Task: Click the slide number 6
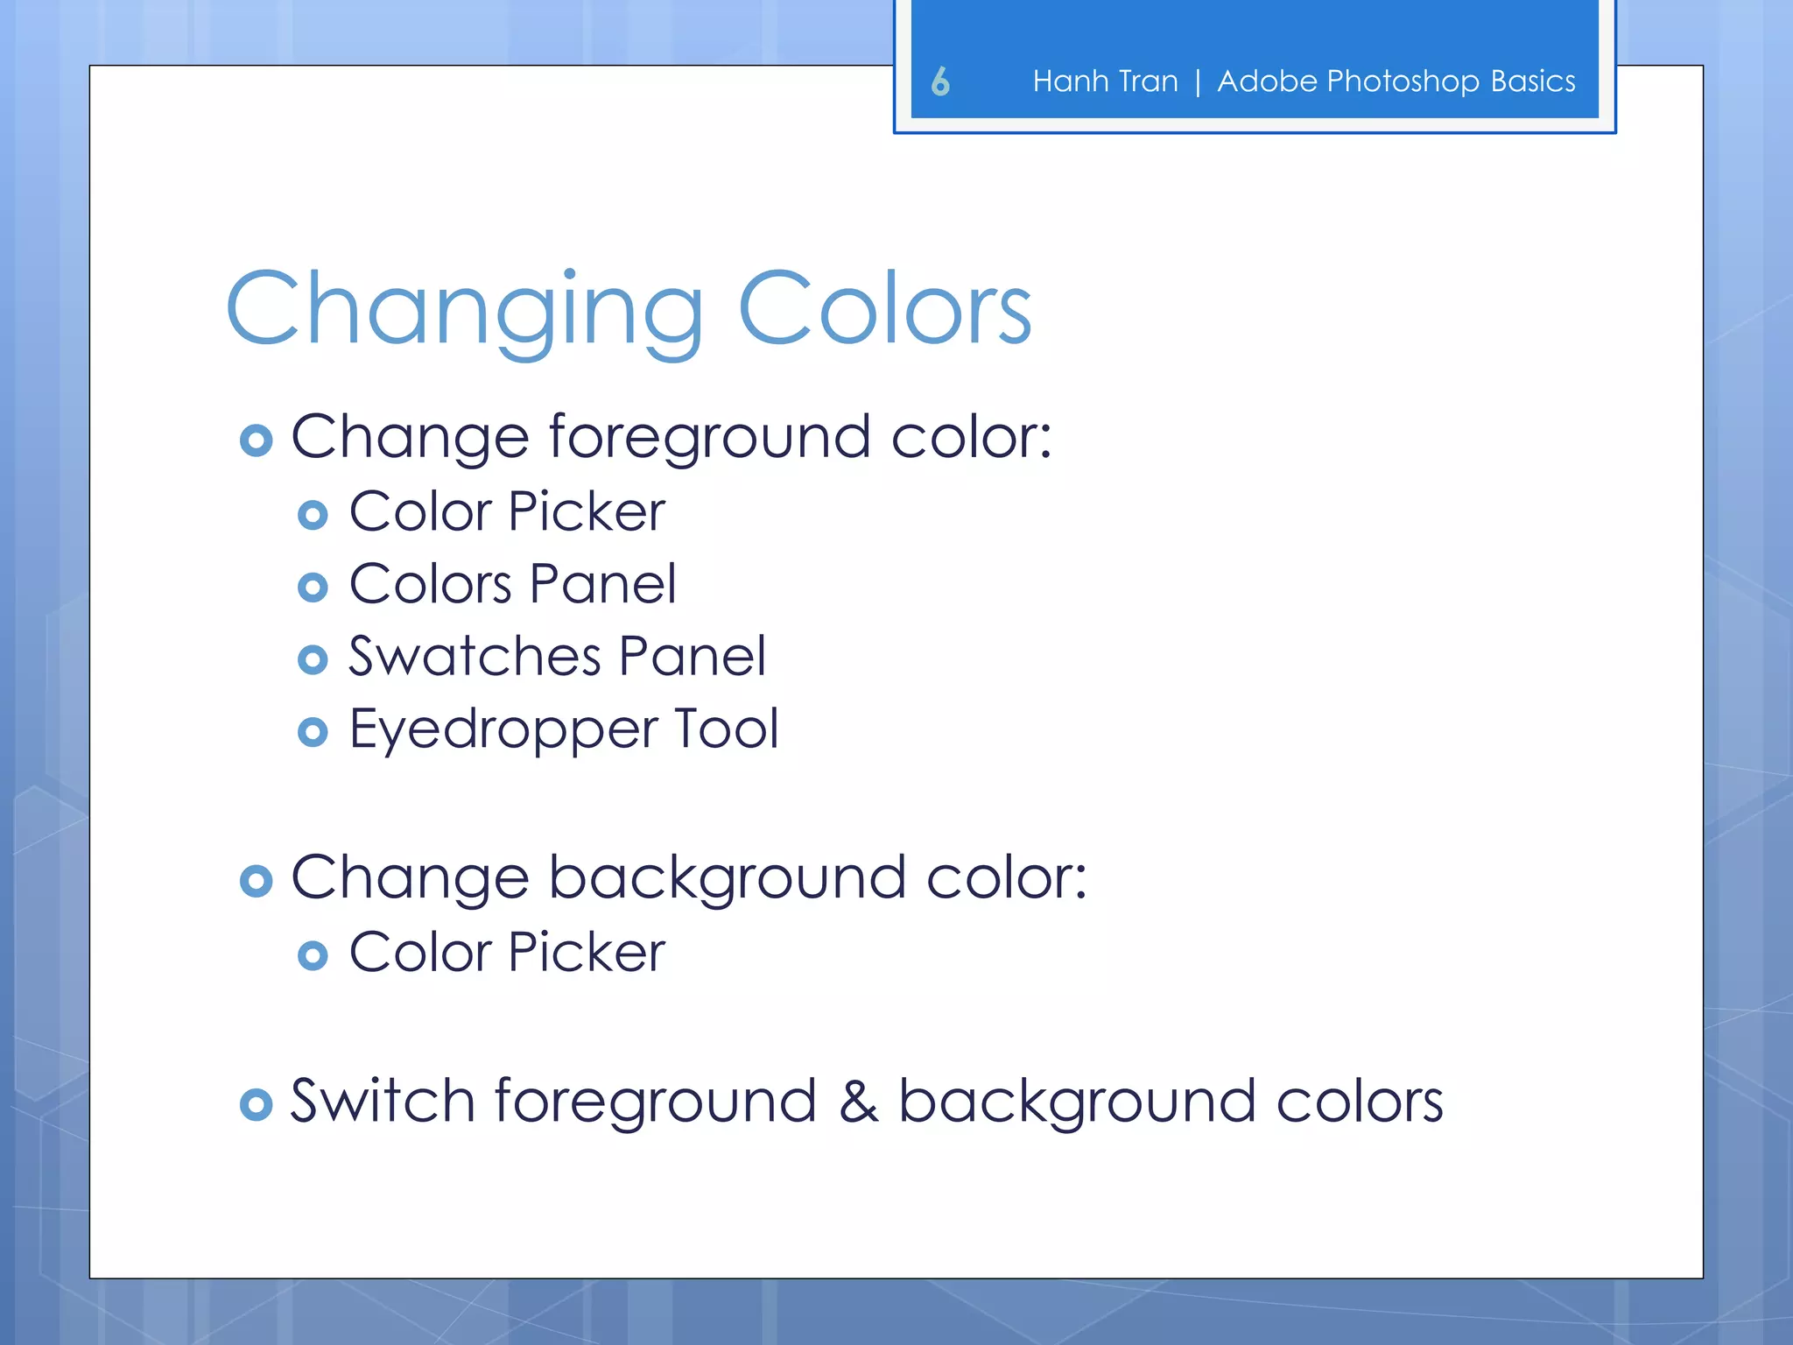coord(940,81)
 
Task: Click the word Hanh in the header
coord(1069,81)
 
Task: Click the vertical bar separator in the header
coord(1198,82)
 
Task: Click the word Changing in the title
coord(464,311)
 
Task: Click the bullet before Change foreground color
coord(256,440)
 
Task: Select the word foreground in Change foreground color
coord(709,438)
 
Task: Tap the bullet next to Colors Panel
coord(313,587)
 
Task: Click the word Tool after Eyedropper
coord(726,729)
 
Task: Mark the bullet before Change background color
coord(256,881)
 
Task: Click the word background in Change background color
coord(727,878)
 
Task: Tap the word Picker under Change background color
coord(587,952)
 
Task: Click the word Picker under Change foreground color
coord(587,511)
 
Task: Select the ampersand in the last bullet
coord(858,1102)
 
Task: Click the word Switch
coord(383,1101)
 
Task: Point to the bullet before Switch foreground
coord(256,1104)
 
